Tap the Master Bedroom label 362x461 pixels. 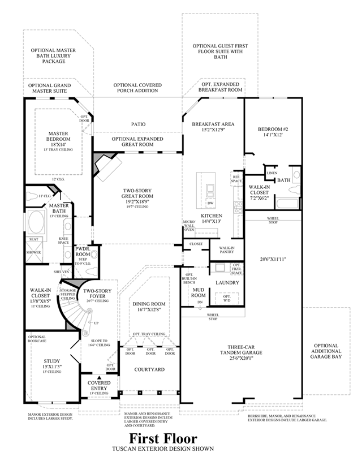[x=58, y=139]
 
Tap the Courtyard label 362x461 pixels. [x=149, y=369]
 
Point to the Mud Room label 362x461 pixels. [x=198, y=292]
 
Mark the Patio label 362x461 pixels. [x=137, y=123]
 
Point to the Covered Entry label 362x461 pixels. [x=99, y=387]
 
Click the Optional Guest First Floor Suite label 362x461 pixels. [x=220, y=51]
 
